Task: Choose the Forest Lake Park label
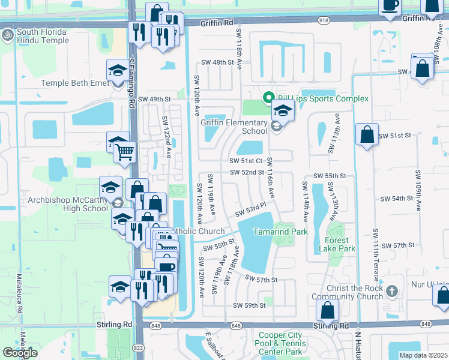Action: coord(340,244)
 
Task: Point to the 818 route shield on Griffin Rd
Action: coord(324,20)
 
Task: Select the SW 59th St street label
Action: coord(250,305)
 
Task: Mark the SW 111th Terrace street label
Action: coord(376,253)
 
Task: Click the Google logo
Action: coord(20,353)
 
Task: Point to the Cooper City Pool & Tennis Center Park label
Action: coord(280,343)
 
